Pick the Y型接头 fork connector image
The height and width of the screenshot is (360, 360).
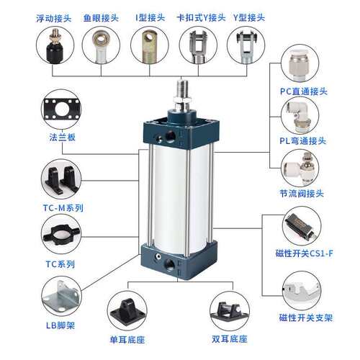(x=247, y=45)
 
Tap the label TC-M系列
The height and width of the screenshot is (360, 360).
(x=62, y=207)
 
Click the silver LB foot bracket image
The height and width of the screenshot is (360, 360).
(x=61, y=300)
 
